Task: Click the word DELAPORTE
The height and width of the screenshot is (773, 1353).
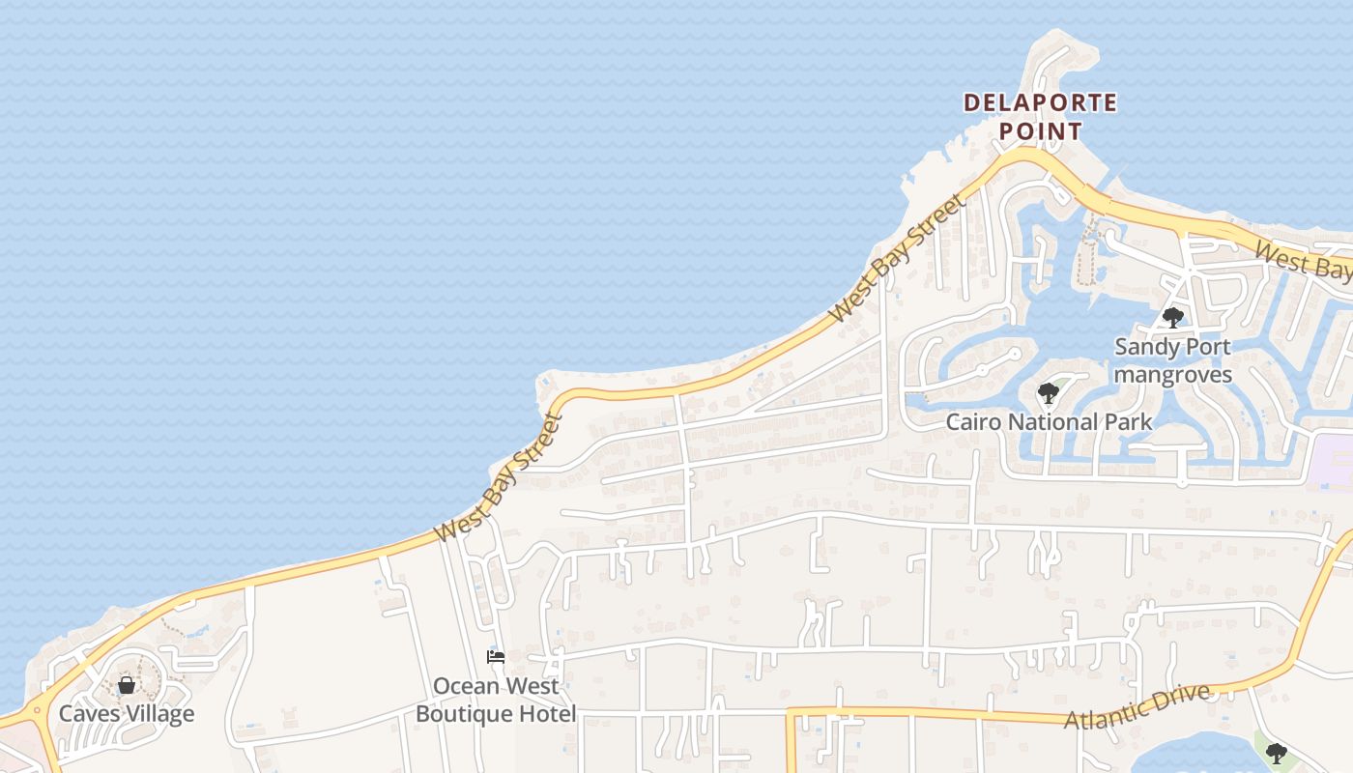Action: tap(1040, 102)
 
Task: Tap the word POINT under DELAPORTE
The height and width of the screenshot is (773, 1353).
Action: tap(1040, 130)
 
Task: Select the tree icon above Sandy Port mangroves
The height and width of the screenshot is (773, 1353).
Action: tap(1173, 317)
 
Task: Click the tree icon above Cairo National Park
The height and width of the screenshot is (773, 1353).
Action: tap(1048, 393)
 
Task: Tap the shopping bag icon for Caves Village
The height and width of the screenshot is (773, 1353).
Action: tap(127, 685)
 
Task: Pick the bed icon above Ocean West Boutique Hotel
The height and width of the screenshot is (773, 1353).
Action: tap(496, 657)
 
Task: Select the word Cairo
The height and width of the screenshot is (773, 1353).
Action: tap(973, 422)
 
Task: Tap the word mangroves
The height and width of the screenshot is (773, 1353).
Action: tap(1173, 375)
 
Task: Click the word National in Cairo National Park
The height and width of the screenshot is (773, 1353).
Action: tap(1053, 422)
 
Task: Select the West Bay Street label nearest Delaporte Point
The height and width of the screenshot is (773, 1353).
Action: tap(898, 259)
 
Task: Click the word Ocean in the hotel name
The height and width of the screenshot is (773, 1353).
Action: tap(468, 686)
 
